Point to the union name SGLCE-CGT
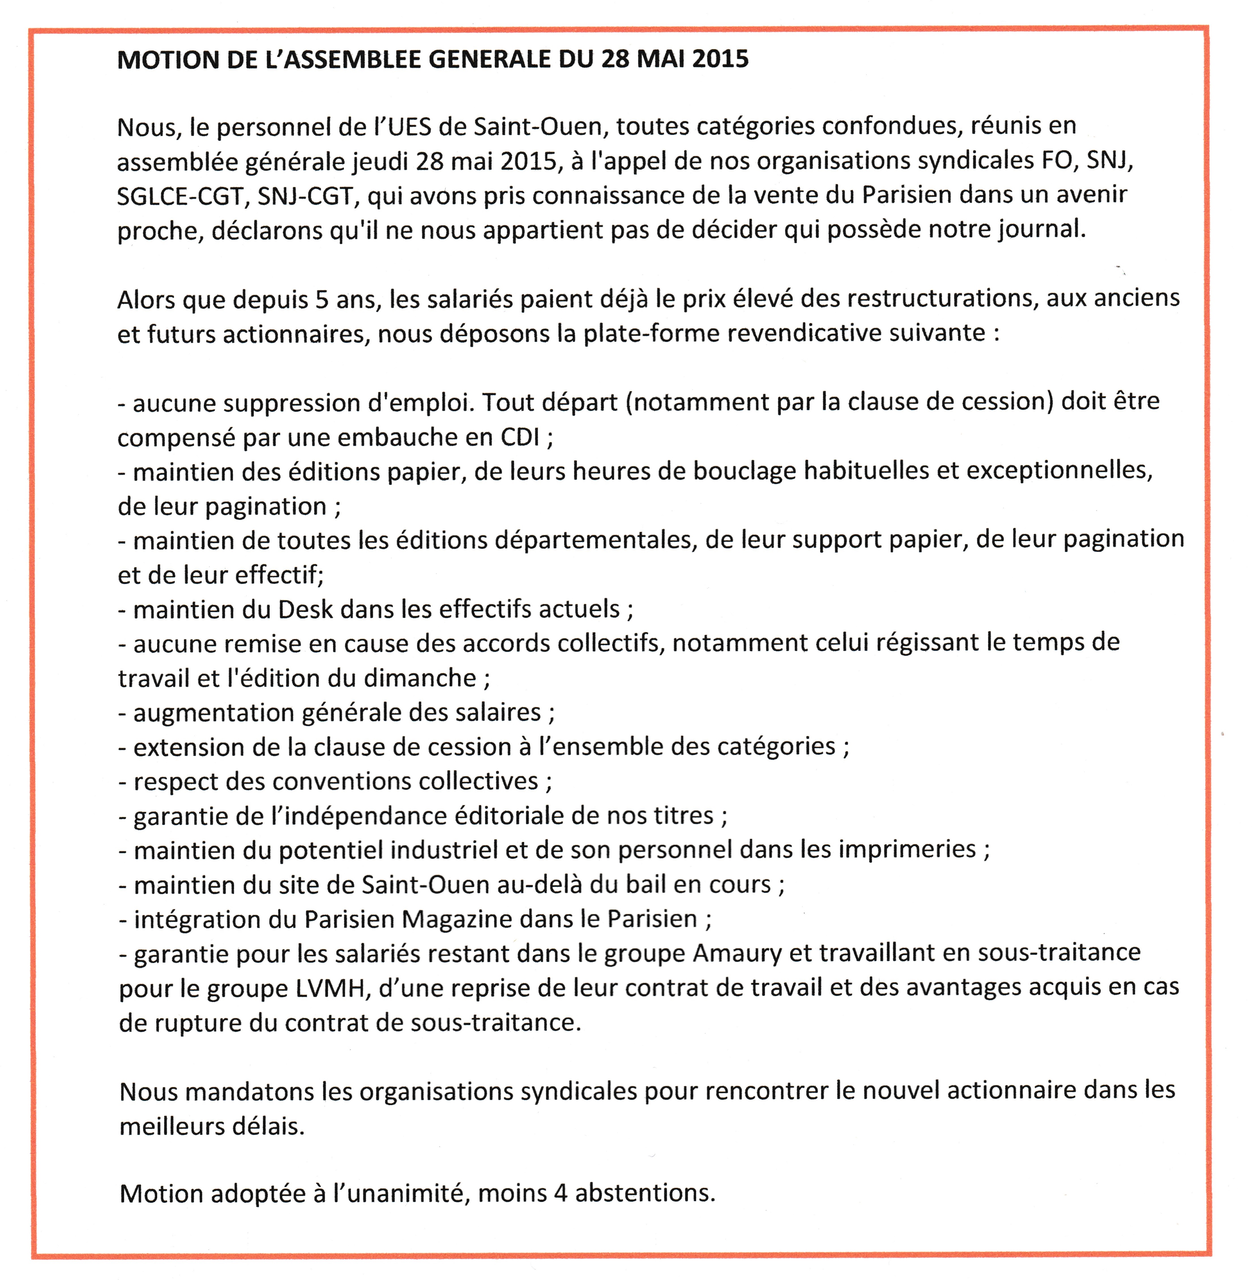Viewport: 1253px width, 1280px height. pos(182,196)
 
